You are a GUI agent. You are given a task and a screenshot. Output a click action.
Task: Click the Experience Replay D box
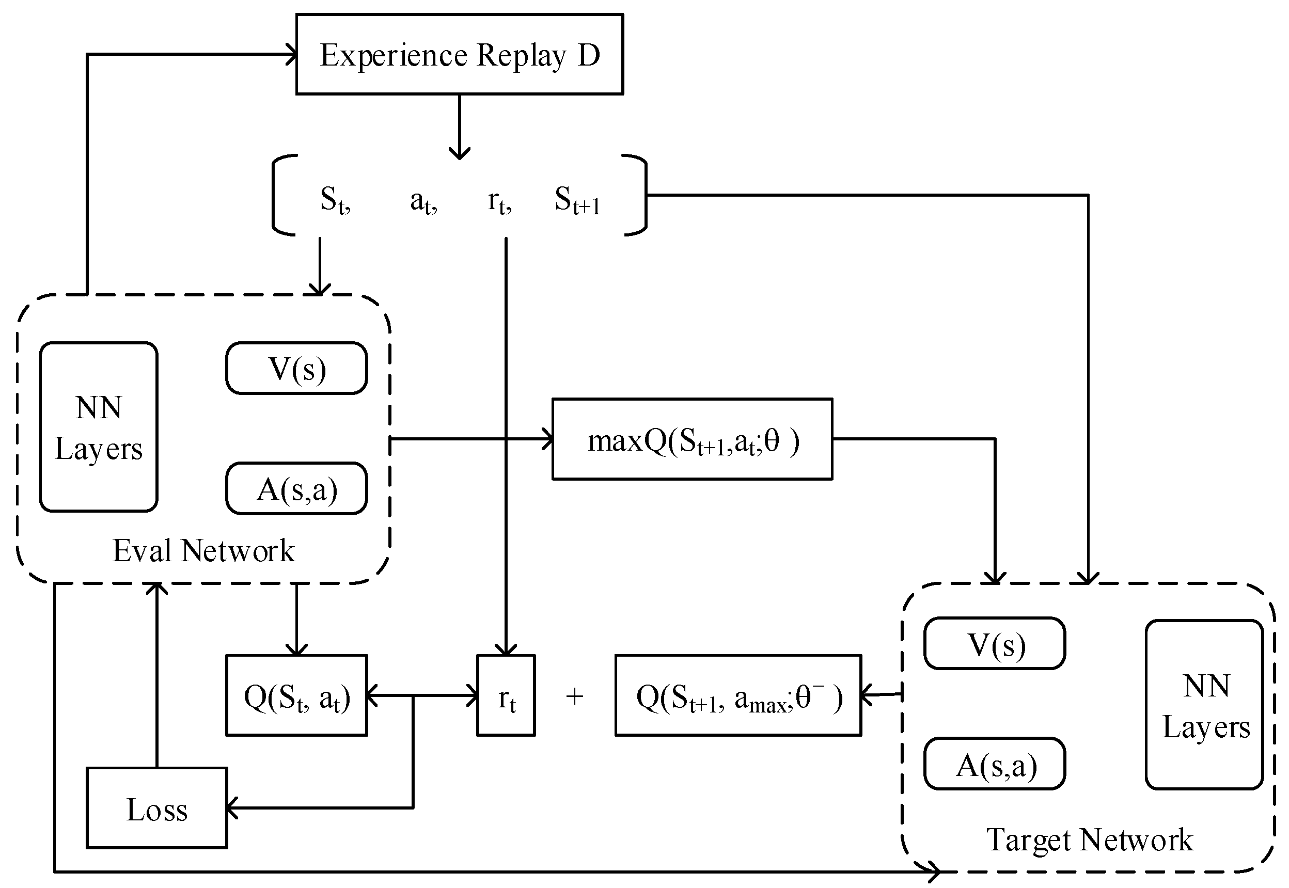[x=459, y=55]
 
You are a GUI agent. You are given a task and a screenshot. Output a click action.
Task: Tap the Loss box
[x=156, y=808]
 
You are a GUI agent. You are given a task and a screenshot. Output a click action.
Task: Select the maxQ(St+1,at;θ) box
[x=692, y=439]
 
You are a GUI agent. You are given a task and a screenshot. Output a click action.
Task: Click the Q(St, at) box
[x=296, y=695]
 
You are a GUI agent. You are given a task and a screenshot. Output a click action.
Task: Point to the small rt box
[x=506, y=695]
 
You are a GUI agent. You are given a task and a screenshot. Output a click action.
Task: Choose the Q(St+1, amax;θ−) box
[x=738, y=695]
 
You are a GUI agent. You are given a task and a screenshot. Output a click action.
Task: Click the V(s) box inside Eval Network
[x=296, y=368]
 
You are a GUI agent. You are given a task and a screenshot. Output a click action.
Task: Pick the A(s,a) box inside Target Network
[x=995, y=764]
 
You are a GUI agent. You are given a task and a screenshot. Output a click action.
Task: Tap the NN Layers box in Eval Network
[x=99, y=427]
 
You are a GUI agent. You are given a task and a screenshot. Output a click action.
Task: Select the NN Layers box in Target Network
[x=1204, y=704]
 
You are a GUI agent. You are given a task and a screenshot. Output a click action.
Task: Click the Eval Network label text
[x=203, y=551]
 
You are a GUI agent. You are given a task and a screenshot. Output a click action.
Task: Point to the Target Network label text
[x=1089, y=839]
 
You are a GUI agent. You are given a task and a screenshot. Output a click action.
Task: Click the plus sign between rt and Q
[x=574, y=696]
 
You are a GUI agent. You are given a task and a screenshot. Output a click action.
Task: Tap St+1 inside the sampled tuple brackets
[x=577, y=200]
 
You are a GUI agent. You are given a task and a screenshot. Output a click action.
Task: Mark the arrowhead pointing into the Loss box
[x=231, y=808]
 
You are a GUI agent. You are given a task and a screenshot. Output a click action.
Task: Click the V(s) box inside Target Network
[x=995, y=644]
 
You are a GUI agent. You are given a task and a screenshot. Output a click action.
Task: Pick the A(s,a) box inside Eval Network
[x=296, y=488]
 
